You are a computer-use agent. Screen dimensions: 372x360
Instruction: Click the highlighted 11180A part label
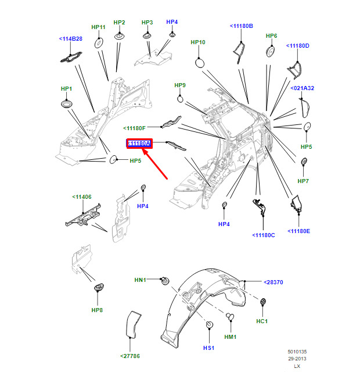[x=139, y=143]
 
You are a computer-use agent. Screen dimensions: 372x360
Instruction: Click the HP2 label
[x=120, y=23]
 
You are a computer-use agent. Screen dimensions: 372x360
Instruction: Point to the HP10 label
[x=198, y=42]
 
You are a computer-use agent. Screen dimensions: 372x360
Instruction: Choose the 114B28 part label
[x=71, y=39]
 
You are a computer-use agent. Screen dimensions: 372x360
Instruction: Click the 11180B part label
[x=242, y=26]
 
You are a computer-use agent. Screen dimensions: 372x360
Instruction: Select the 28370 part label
[x=273, y=282]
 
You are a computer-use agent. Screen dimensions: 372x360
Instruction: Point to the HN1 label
[x=141, y=280]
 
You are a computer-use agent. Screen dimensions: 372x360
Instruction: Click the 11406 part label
[x=81, y=197]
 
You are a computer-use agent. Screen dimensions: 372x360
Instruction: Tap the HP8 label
[x=97, y=310]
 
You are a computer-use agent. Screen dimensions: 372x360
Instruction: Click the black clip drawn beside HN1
[x=164, y=281]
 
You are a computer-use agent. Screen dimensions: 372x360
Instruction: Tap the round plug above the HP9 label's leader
[x=180, y=99]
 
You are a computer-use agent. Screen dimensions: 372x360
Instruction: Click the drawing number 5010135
[x=298, y=352]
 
